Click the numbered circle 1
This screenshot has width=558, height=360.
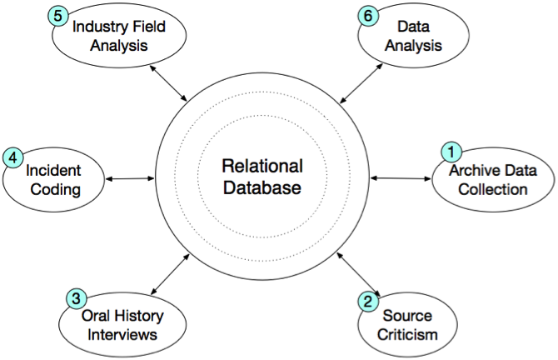(451, 152)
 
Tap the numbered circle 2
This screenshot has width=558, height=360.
(367, 302)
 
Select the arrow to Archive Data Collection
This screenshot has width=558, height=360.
(400, 177)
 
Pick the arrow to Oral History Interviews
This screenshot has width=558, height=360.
(172, 274)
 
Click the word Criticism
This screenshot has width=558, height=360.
(409, 335)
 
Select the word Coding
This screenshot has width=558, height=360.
(52, 189)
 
